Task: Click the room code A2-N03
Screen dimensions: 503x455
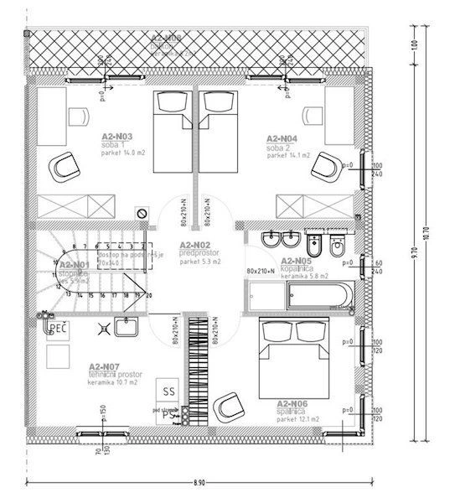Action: tap(116, 137)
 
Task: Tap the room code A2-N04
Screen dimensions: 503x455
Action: tap(282, 137)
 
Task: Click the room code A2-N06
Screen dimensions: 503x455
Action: tap(293, 403)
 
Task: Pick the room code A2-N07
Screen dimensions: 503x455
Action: tap(107, 366)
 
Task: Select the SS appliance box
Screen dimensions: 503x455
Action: tap(168, 391)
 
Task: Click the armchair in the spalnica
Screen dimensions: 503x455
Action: tap(226, 407)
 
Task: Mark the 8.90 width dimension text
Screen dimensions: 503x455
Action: tap(199, 483)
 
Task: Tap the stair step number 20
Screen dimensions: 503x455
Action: tap(149, 295)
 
